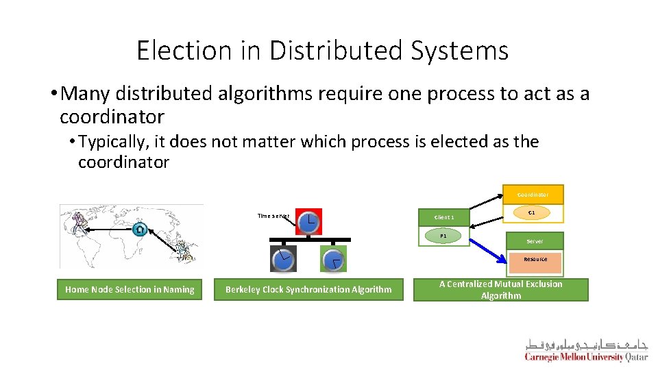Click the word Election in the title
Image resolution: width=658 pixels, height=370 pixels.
tap(175, 51)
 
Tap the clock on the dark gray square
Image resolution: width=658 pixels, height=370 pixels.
tap(283, 259)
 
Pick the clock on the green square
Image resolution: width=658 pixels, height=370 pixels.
tap(333, 259)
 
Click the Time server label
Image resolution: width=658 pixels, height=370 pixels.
tap(273, 216)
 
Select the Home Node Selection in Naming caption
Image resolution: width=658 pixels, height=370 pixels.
tap(130, 289)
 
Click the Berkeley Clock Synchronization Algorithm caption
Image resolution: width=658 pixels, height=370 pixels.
tap(308, 289)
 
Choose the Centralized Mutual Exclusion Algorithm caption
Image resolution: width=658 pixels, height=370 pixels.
tap(500, 289)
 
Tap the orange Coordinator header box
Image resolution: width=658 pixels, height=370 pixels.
tap(533, 195)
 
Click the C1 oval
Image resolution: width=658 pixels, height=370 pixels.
tap(531, 213)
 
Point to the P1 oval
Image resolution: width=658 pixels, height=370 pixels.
tap(443, 236)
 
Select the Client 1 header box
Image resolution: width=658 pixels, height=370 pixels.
tap(443, 218)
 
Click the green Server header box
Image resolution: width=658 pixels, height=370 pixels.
tap(535, 241)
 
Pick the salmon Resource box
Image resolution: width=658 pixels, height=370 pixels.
tap(535, 260)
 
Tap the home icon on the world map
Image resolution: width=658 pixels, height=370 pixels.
tap(140, 229)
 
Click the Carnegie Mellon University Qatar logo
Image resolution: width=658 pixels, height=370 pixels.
tap(586, 349)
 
